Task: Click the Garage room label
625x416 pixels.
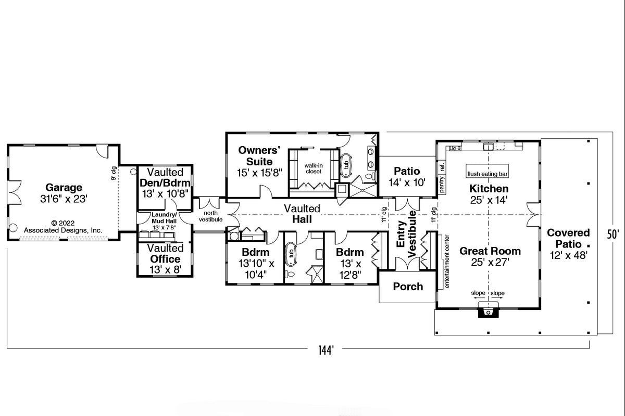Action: (x=64, y=187)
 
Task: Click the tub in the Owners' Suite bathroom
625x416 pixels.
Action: (x=345, y=165)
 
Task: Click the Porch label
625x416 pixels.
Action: (x=408, y=287)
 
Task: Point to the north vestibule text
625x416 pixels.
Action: (x=210, y=216)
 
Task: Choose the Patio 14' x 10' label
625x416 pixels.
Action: (x=407, y=177)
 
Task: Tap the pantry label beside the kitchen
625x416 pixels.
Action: (x=442, y=185)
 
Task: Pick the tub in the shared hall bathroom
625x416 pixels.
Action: (x=291, y=254)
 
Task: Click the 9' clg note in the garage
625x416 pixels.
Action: (x=113, y=173)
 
